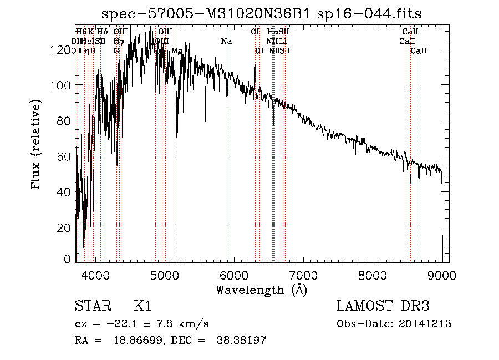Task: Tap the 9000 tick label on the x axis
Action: click(x=442, y=274)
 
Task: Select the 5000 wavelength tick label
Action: click(x=165, y=274)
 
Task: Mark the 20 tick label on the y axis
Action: click(x=65, y=227)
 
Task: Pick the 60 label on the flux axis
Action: click(x=65, y=156)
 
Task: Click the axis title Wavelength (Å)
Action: click(x=261, y=289)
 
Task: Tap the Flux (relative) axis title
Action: click(x=37, y=145)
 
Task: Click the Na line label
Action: click(x=226, y=41)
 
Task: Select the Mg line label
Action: click(x=176, y=50)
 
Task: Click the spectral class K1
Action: click(x=142, y=306)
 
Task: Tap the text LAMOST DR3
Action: click(x=383, y=306)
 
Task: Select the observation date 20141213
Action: click(x=427, y=324)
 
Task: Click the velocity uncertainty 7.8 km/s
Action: click(x=177, y=324)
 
